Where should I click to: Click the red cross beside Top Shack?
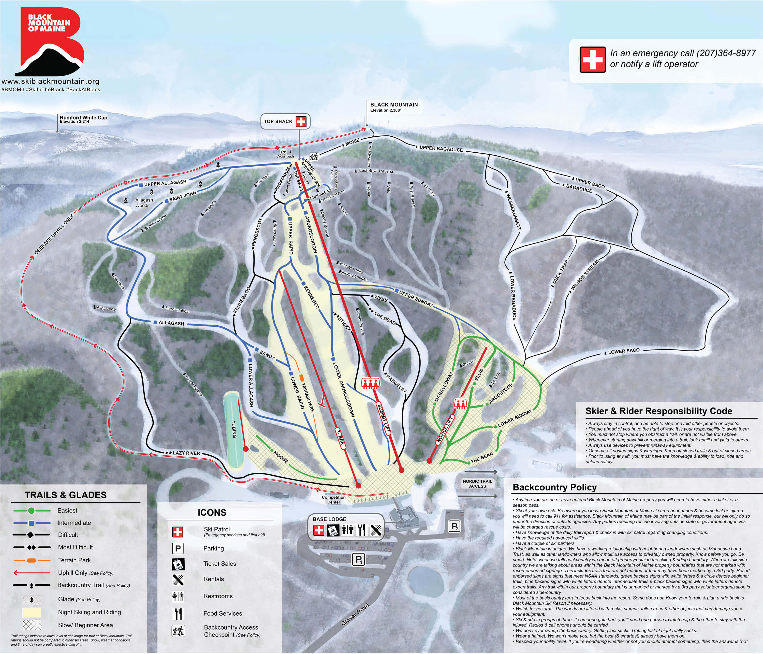[x=301, y=122]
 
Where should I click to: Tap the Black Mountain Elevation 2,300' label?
[x=394, y=107]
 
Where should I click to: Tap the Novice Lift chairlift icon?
[x=459, y=403]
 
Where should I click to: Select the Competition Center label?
[x=334, y=500]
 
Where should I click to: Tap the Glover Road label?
[x=355, y=614]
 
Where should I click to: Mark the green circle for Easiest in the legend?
[x=31, y=510]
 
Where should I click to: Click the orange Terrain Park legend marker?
[x=31, y=560]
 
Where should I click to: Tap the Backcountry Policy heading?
[x=555, y=487]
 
